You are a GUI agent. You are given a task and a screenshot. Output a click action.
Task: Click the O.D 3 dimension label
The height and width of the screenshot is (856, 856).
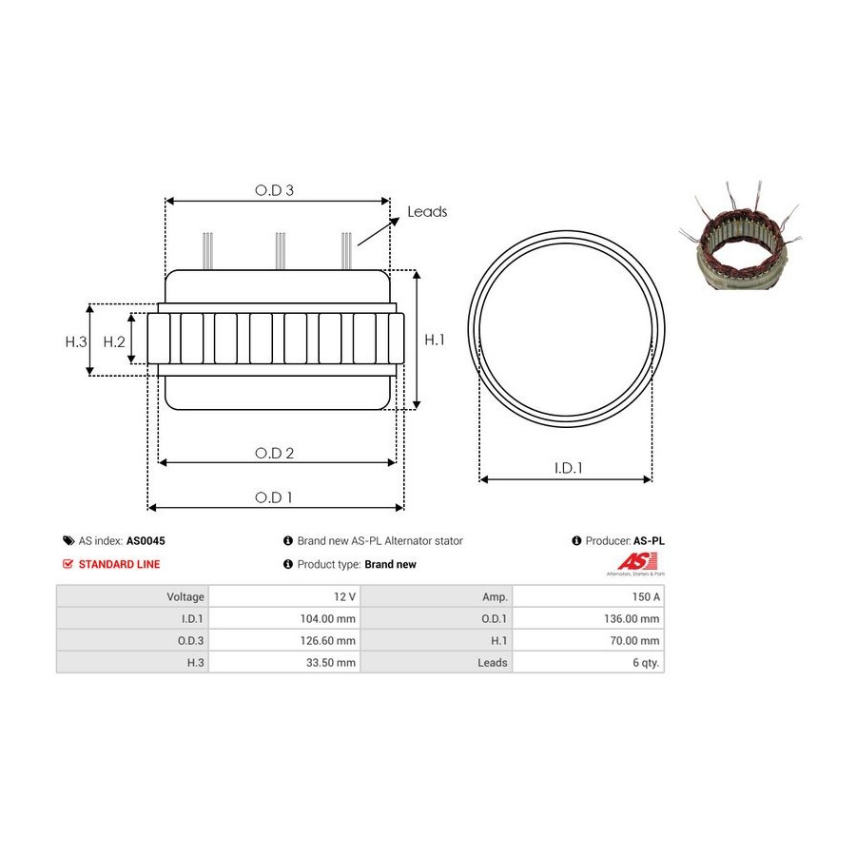[274, 190]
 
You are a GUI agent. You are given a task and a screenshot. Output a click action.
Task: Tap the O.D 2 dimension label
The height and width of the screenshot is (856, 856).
[274, 453]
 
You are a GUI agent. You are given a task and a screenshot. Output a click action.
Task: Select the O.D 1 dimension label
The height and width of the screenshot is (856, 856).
[274, 497]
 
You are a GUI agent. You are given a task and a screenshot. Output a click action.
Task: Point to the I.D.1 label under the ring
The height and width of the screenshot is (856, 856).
[569, 468]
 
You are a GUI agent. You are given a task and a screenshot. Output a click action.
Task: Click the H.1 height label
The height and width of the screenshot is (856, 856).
[435, 340]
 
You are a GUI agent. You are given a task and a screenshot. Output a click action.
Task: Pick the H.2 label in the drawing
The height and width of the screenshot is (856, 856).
[114, 341]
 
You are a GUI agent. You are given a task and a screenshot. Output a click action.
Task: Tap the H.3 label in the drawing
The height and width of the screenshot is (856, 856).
[76, 341]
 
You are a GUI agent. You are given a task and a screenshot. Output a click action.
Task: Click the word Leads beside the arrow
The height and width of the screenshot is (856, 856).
[427, 212]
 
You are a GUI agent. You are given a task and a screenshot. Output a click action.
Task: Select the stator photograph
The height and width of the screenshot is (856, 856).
[740, 236]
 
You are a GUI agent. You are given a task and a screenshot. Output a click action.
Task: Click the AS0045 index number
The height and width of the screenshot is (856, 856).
[146, 541]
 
